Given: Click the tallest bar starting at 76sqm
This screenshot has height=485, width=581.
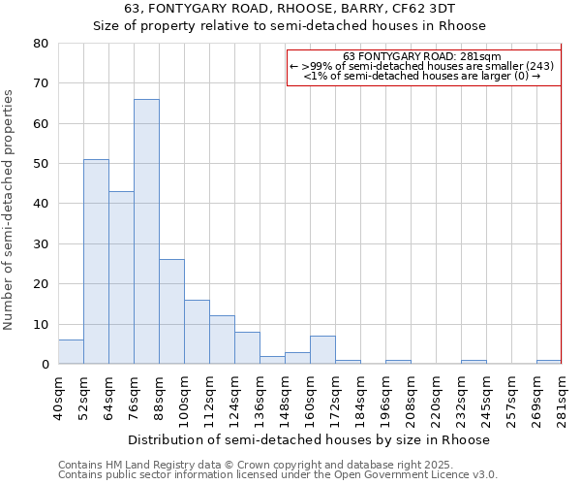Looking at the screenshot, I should pyautogui.click(x=146, y=232).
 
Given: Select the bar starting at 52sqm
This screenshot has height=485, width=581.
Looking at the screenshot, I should pyautogui.click(x=96, y=262).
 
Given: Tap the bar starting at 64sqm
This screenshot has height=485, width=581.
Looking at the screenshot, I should pyautogui.click(x=121, y=277).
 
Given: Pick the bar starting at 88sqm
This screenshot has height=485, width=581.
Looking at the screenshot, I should pyautogui.click(x=171, y=311).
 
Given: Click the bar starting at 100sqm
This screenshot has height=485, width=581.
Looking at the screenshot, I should pyautogui.click(x=197, y=332).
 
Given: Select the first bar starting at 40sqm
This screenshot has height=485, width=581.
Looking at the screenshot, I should pyautogui.click(x=71, y=352).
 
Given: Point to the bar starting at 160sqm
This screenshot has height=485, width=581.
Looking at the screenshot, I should pyautogui.click(x=322, y=350).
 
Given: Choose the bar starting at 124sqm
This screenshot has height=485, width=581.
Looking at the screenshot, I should pyautogui.click(x=247, y=348).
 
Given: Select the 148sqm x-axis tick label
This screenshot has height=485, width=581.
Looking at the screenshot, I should pyautogui.click(x=285, y=398).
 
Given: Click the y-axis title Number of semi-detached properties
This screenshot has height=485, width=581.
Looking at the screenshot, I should pyautogui.click(x=9, y=210).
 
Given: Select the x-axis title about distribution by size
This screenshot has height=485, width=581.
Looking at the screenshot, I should pyautogui.click(x=309, y=439).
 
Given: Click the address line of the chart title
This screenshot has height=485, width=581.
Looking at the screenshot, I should pyautogui.click(x=290, y=10).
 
